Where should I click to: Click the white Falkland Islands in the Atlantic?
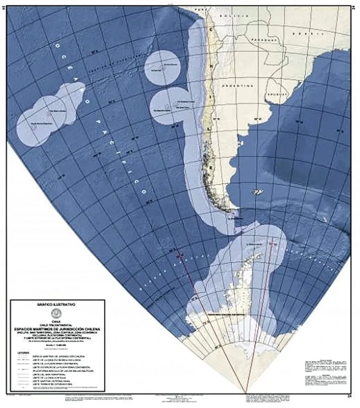click(x=258, y=191)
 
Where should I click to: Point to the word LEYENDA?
click(x=24, y=352)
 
